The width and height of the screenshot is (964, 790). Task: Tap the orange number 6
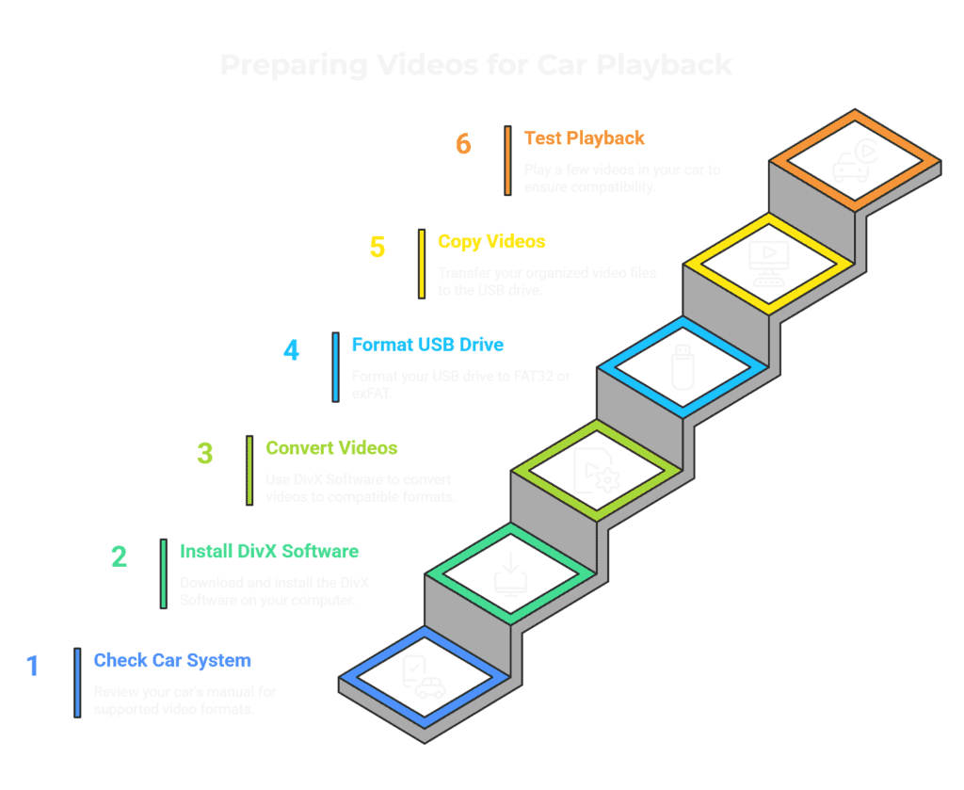(x=462, y=144)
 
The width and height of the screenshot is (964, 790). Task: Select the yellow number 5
(x=378, y=247)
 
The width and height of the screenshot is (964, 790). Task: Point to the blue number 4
(x=292, y=350)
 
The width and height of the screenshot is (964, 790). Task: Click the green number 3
(x=205, y=453)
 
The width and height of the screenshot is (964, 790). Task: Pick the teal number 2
(x=119, y=556)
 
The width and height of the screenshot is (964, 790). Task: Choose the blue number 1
(x=33, y=666)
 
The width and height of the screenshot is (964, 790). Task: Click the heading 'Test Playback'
(x=584, y=138)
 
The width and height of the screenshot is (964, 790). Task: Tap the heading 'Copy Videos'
(x=491, y=242)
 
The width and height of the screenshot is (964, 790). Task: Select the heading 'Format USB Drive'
(x=428, y=345)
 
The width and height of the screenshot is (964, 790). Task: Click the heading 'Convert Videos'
(x=331, y=448)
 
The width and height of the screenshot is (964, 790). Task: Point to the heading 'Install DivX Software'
(x=269, y=551)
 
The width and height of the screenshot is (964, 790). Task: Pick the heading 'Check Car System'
(x=172, y=660)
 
